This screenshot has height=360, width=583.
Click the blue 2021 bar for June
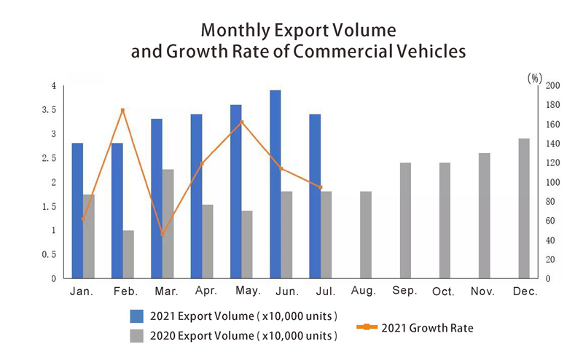(275, 184)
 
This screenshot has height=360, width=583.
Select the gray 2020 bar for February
(128, 254)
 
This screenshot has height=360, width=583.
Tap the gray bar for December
(524, 208)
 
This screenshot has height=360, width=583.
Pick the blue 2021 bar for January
(77, 211)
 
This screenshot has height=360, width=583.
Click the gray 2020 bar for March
(168, 224)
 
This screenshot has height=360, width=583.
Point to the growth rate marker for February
(122, 110)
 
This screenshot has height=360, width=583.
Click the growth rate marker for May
(242, 122)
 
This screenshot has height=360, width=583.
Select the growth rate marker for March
(162, 234)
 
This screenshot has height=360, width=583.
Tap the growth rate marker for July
(321, 187)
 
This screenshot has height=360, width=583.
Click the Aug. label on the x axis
(363, 291)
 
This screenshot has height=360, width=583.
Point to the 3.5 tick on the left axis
(49, 110)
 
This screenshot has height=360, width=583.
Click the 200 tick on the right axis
(553, 86)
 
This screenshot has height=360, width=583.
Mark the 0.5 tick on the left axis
(49, 254)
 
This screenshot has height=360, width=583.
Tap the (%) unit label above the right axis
(536, 76)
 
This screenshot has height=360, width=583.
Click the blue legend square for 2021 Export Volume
(136, 316)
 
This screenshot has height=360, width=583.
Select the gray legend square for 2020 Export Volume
(136, 335)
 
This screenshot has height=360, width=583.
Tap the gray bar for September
(405, 220)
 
